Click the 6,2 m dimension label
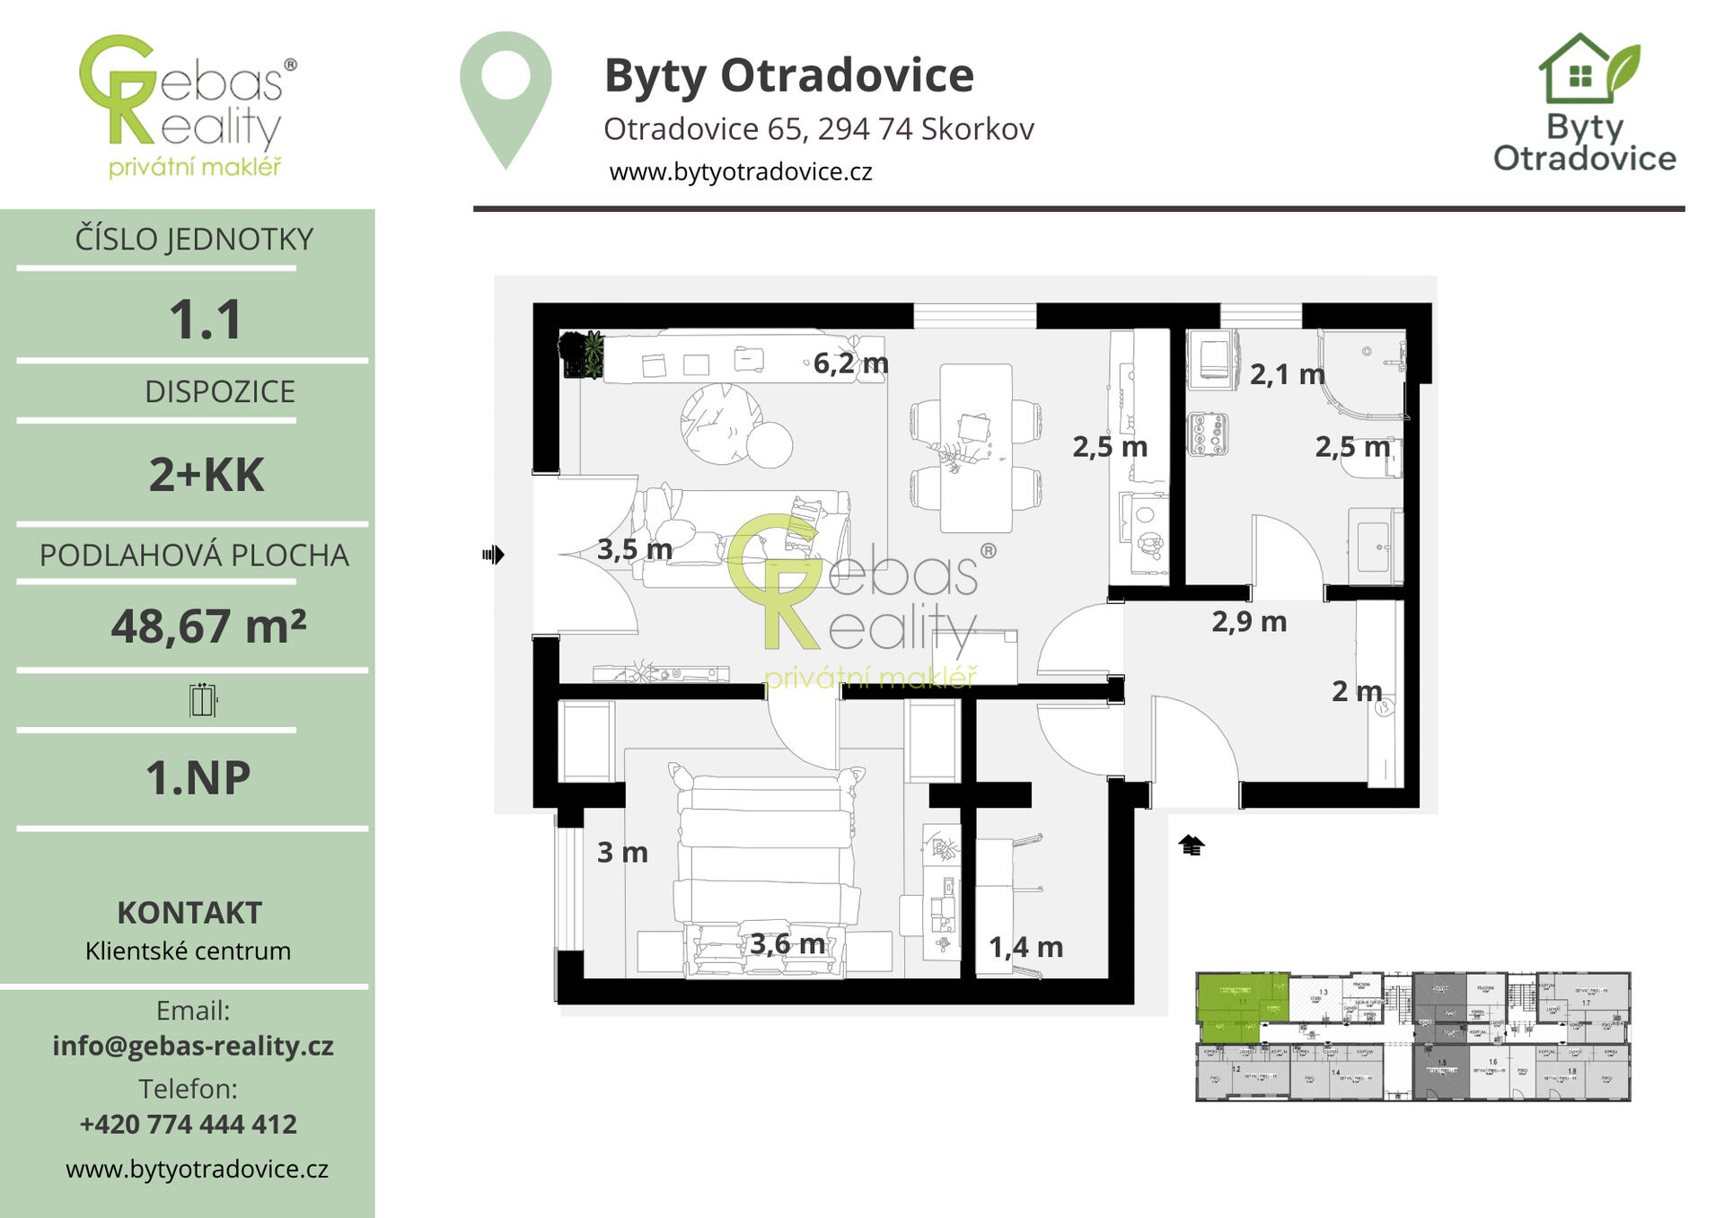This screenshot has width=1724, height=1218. [850, 364]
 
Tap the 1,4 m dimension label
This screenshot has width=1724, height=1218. [1025, 947]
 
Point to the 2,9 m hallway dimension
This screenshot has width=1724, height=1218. [1249, 621]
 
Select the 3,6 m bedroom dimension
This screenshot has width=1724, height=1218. [787, 943]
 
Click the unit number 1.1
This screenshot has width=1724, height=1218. [206, 320]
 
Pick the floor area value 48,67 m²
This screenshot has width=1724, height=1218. [208, 626]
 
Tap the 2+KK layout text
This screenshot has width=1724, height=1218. [207, 475]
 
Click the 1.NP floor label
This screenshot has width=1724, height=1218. [198, 777]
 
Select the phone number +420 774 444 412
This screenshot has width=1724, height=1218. [189, 1124]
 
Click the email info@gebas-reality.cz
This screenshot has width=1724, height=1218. [193, 1046]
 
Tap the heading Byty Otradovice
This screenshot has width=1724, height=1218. [788, 75]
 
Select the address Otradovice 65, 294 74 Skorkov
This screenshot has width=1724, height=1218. [818, 129]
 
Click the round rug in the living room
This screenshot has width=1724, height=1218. [721, 424]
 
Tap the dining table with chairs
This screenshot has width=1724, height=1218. [976, 447]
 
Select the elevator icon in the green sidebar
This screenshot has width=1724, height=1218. [203, 700]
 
